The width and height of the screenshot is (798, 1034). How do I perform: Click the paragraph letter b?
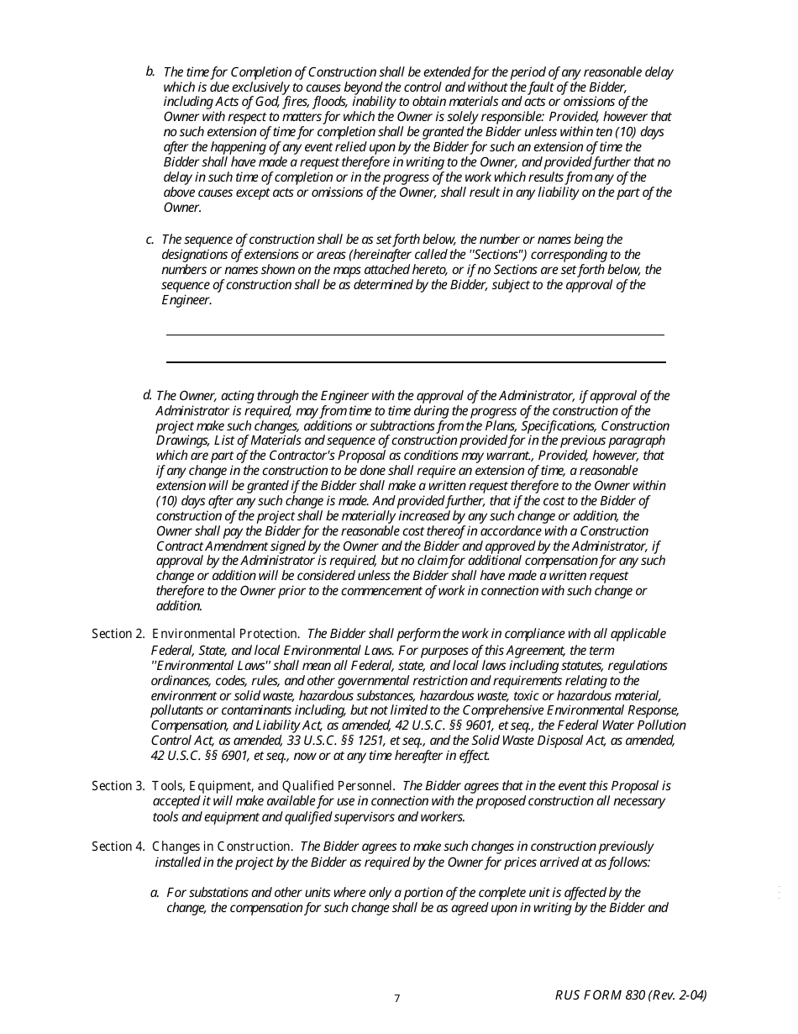click(150, 71)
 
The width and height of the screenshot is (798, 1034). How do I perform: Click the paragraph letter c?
click(150, 240)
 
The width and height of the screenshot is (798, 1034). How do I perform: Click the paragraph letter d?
click(147, 394)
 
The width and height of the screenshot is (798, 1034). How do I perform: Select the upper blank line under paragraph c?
click(415, 335)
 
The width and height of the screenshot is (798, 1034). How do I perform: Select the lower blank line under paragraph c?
click(415, 362)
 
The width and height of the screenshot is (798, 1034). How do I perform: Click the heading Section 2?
click(118, 634)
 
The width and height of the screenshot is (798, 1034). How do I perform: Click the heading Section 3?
click(118, 786)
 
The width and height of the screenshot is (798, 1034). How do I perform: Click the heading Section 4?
click(118, 847)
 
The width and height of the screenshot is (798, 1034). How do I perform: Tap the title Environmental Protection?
click(225, 634)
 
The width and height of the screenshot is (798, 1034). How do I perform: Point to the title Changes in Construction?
click(222, 847)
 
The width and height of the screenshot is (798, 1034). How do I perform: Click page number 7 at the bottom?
click(397, 999)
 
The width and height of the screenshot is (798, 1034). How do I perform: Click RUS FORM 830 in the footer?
click(601, 995)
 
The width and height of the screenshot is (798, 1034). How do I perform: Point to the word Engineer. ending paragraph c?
click(186, 300)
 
